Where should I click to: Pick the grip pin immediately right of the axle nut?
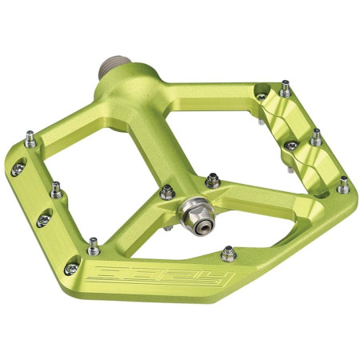point(214,181)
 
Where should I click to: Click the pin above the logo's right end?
point(228,254)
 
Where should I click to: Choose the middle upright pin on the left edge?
point(56,190)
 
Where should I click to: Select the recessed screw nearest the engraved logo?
point(73,267)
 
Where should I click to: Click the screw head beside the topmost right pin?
point(262,97)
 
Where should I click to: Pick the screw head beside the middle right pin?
point(291,145)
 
